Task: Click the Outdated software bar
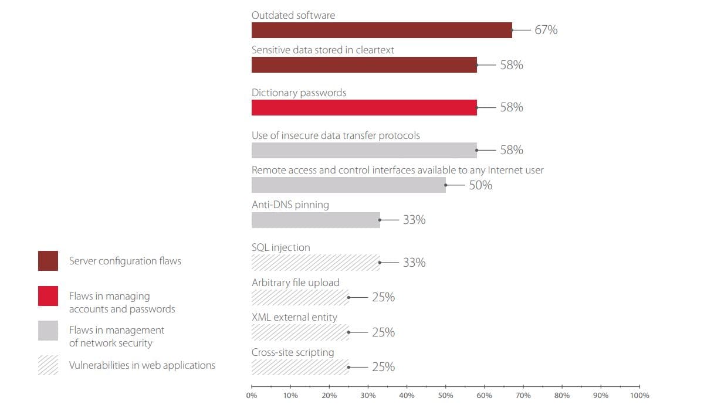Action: point(381,30)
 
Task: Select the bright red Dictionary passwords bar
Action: point(364,107)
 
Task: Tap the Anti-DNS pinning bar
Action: point(316,220)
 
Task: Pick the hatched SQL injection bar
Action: point(316,263)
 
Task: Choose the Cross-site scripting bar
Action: point(300,367)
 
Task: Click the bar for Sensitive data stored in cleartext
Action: point(364,65)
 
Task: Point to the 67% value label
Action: point(546,30)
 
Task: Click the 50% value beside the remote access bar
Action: point(480,185)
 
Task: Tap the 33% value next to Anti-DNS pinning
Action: point(414,220)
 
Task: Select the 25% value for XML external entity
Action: point(383,332)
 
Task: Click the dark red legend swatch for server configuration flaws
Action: point(48,261)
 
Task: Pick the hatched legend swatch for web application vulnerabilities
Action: point(48,365)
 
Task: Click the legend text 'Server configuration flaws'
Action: point(125,261)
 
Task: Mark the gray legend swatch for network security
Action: point(48,331)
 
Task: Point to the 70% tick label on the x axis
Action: point(523,396)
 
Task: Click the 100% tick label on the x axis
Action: point(639,396)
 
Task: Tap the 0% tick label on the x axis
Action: point(252,396)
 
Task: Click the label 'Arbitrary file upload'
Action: point(295,283)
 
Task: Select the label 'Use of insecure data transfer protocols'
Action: point(336,135)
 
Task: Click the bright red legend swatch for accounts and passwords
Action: point(48,296)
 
